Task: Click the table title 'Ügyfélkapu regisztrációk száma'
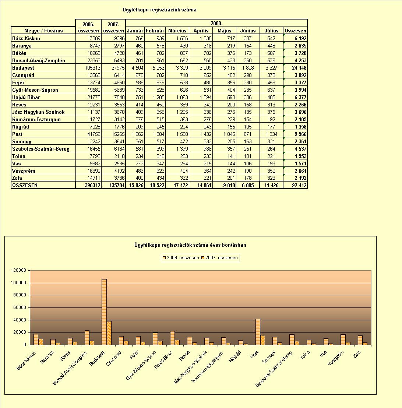(159, 10)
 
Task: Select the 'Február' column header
(155, 31)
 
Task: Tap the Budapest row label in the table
(23, 68)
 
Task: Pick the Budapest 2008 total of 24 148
(299, 68)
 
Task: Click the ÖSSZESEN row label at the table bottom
(25, 185)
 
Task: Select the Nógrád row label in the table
(21, 127)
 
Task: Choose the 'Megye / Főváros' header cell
(43, 31)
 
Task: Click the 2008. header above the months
(216, 23)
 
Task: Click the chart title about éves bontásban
(190, 245)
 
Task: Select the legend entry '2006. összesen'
(181, 258)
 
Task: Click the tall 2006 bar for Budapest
(104, 312)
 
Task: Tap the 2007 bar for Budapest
(109, 333)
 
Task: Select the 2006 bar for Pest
(258, 332)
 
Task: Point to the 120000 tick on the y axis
(18, 270)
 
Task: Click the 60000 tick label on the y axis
(20, 307)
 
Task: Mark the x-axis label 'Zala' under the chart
(357, 354)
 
